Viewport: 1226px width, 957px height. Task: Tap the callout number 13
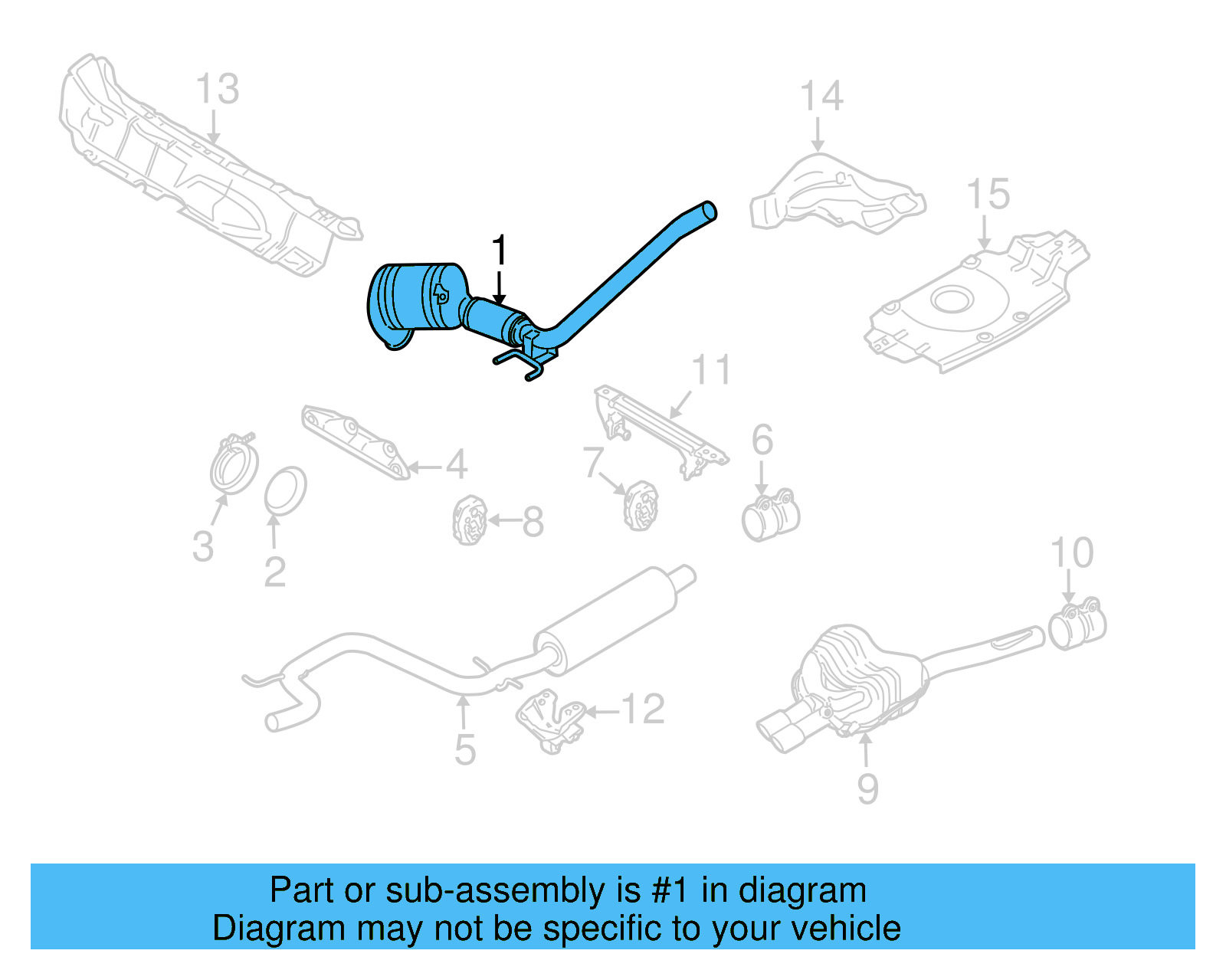click(218, 89)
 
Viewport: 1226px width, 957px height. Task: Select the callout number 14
click(821, 97)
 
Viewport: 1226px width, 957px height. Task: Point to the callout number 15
click(988, 194)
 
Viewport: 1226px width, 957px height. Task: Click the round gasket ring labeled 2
click(285, 490)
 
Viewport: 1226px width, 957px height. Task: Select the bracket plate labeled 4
click(355, 442)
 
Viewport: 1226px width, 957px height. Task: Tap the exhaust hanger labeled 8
click(469, 520)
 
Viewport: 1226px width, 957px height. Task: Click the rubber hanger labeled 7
click(641, 506)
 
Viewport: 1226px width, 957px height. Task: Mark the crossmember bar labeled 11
click(660, 431)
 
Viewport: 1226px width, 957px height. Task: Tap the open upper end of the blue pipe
click(710, 210)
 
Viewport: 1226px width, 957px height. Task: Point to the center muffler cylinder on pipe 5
click(605, 620)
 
